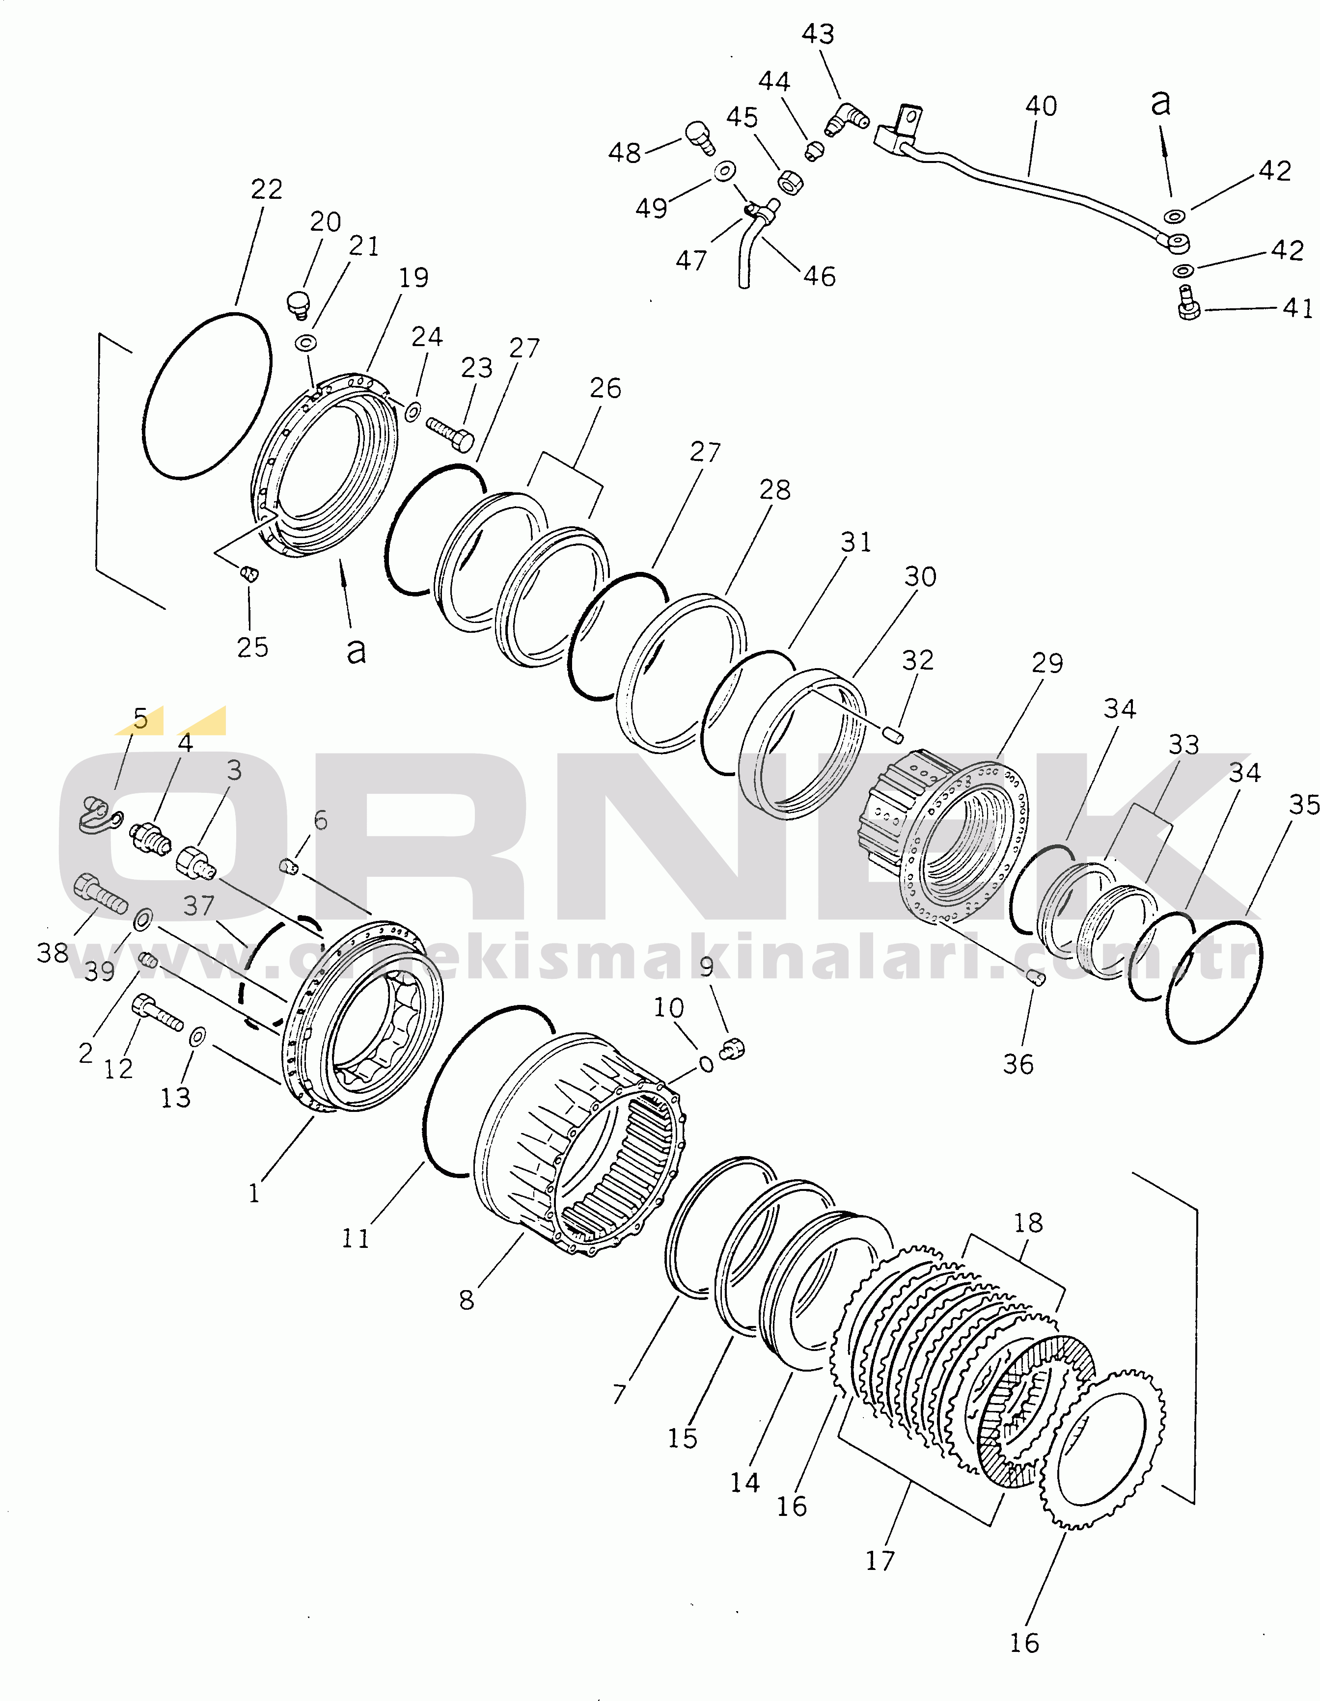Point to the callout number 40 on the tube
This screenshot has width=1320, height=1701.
point(1041,106)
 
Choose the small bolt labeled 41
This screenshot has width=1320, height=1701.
point(1187,310)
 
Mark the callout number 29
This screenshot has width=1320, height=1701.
point(1046,663)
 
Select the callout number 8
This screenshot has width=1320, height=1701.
point(466,1299)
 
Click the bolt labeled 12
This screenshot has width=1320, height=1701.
point(158,1012)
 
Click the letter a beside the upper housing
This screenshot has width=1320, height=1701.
point(356,649)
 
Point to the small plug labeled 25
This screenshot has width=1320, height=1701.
point(249,575)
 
